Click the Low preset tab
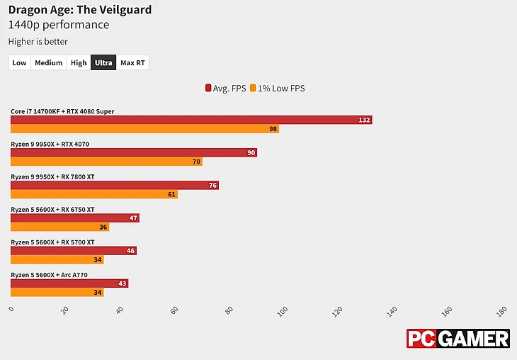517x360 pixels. pos(19,63)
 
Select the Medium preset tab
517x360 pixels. pos(48,63)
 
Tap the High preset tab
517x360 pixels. pos(79,63)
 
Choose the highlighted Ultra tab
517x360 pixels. pos(103,63)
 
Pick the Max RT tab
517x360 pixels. pos(132,63)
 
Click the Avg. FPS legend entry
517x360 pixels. pos(227,89)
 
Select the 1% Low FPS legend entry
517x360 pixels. pos(278,89)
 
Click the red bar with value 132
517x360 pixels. pos(191,120)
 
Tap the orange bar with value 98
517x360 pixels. pos(144,129)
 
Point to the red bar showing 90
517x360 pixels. pos(133,153)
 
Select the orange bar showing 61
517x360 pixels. pos(93,194)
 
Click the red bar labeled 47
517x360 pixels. pos(74,218)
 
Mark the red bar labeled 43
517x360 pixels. pos(69,283)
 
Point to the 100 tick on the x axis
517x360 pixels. pos(284,310)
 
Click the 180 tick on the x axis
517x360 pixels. pos(502,310)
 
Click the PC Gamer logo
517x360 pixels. pos(458,339)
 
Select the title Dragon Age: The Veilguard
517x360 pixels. pos(79,10)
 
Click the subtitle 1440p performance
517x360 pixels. pos(59,26)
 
